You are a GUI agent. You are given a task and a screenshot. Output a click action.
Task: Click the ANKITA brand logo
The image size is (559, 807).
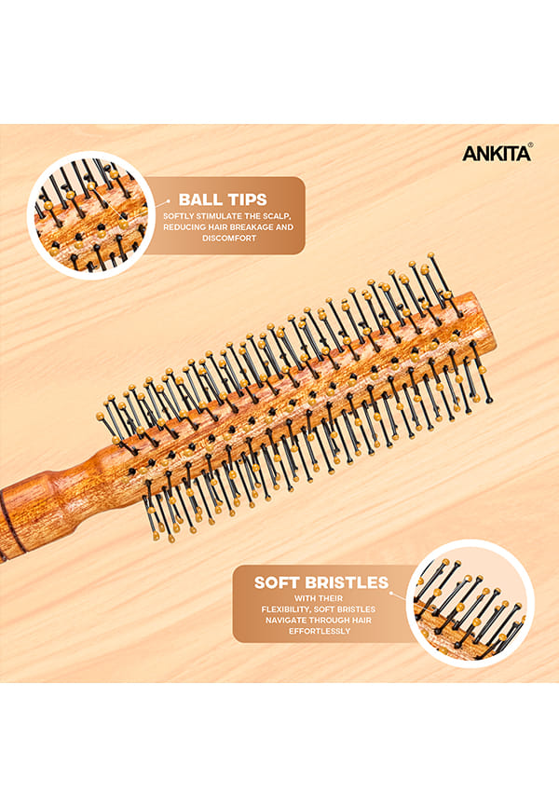[498, 153]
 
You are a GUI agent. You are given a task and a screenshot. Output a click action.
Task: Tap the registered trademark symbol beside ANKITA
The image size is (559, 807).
[531, 145]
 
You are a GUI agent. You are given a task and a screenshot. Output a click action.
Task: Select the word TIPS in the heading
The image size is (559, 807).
[248, 199]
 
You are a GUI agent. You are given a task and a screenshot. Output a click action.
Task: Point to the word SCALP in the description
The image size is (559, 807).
[278, 216]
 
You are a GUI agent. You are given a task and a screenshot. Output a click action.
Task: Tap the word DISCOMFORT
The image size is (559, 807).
[228, 239]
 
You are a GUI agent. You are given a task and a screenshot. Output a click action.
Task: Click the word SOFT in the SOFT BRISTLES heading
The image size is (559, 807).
[277, 582]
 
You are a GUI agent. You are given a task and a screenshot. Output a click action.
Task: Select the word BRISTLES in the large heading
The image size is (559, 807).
[347, 582]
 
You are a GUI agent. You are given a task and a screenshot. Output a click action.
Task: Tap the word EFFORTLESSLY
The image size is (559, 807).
[320, 631]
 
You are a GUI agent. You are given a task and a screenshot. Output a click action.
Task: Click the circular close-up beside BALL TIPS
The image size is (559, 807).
[91, 215]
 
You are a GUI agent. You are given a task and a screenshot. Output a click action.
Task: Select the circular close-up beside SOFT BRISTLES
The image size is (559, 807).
[470, 603]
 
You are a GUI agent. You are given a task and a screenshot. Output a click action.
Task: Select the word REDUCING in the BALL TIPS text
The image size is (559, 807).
[184, 227]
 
